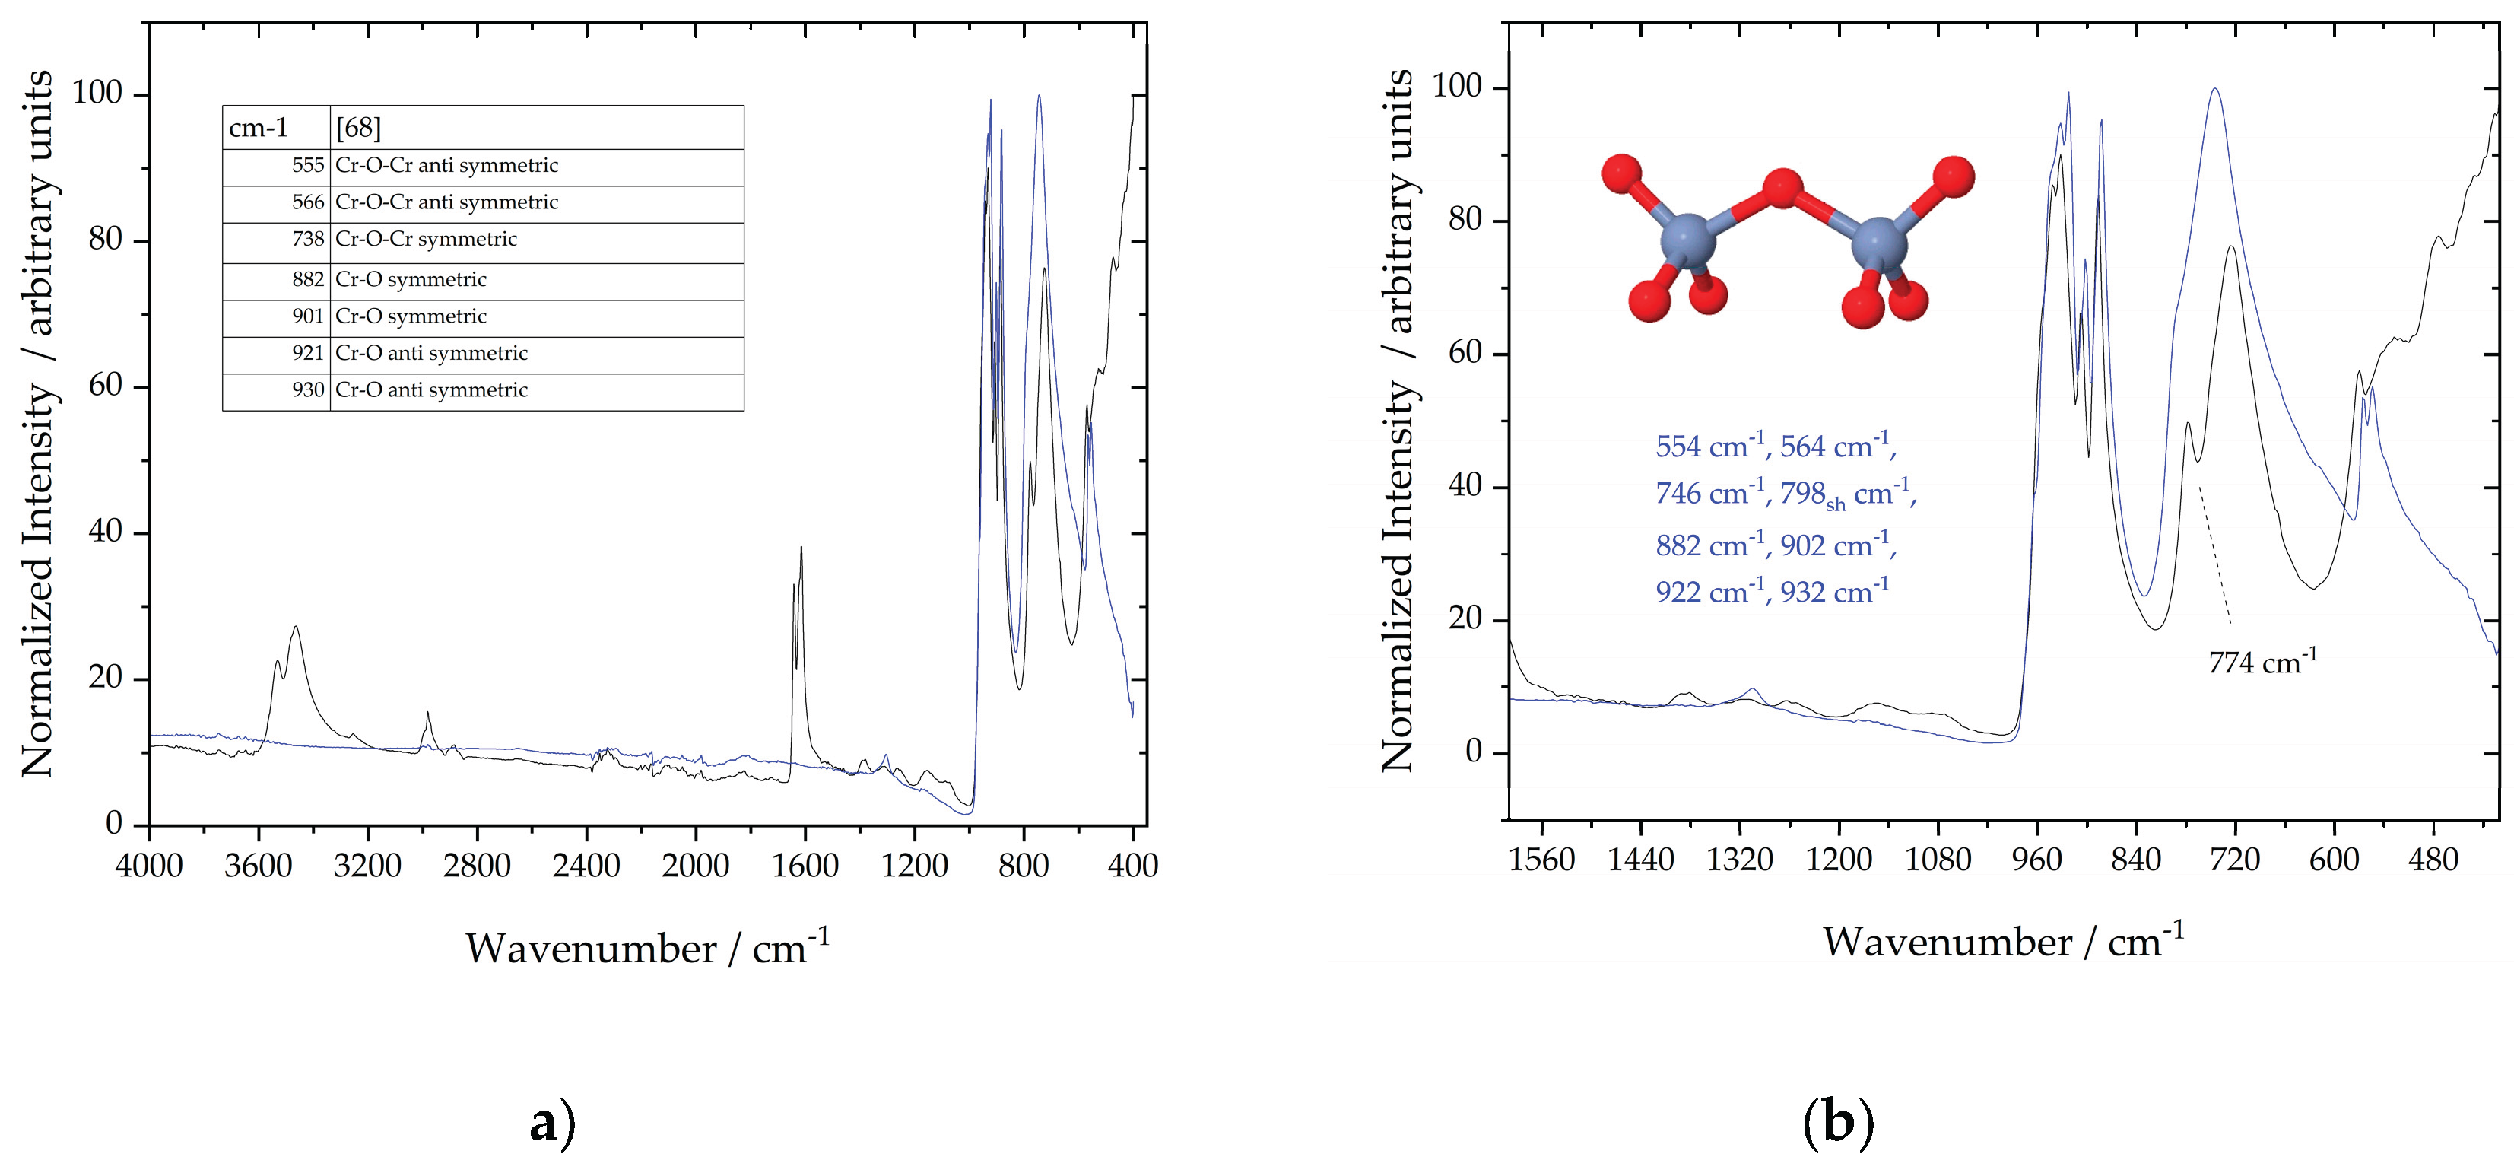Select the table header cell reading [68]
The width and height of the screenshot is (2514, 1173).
(x=358, y=128)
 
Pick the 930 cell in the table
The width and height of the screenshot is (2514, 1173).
(x=307, y=390)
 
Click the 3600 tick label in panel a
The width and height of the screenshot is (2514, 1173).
(x=258, y=866)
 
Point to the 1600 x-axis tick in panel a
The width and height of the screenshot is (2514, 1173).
(x=805, y=866)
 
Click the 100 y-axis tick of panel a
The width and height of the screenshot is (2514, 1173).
(x=97, y=94)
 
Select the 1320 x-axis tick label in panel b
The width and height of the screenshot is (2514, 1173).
(x=1739, y=860)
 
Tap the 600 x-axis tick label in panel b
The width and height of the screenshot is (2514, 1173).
(x=2334, y=860)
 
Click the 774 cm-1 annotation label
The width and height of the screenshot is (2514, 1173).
(x=2262, y=663)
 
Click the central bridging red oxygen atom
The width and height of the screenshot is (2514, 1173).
(x=1782, y=189)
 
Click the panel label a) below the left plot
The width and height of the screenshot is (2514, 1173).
(x=551, y=1124)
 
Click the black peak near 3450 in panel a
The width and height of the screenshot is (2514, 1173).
(x=295, y=628)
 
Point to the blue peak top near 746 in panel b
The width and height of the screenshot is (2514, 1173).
(x=2214, y=117)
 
